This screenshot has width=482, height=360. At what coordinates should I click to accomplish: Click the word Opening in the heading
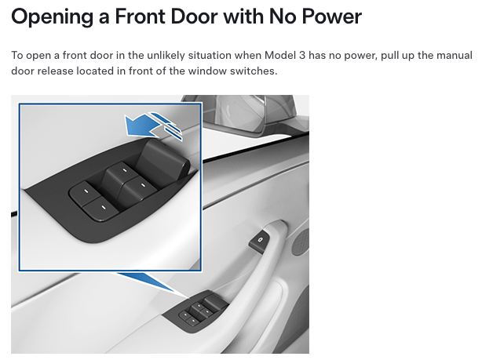point(52,17)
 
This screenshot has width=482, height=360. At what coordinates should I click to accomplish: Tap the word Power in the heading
point(332,16)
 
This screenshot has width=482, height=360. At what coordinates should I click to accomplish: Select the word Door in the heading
point(194,16)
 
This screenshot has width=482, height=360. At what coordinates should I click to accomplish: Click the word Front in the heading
point(141,16)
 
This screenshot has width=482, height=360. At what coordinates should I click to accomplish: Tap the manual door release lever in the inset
point(164,160)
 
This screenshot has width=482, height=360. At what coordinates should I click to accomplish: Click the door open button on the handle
point(259,240)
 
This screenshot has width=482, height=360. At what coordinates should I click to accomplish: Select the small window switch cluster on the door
point(195,311)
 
